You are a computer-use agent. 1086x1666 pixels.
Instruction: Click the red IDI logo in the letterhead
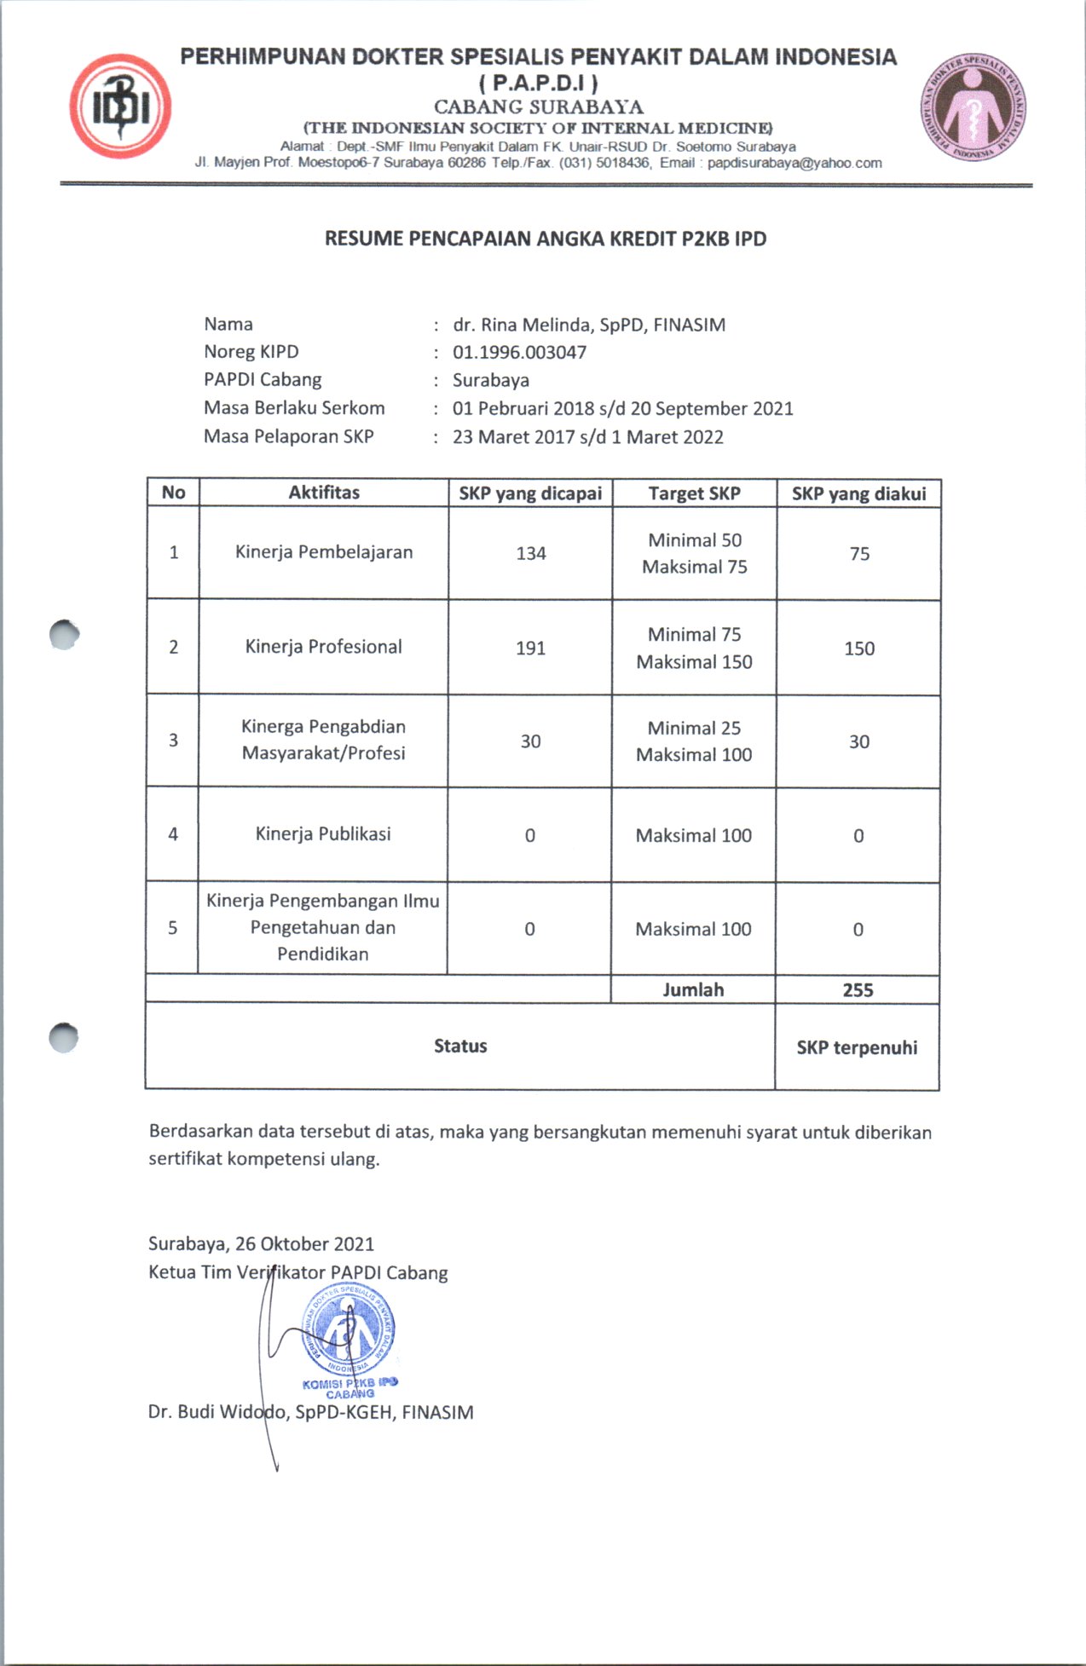coord(119,107)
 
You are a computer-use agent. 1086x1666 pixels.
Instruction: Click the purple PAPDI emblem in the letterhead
coord(973,107)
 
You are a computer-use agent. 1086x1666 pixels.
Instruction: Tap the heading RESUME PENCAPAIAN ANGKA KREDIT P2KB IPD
coord(546,239)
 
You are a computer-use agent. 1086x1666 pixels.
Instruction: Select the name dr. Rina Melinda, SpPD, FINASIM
coord(589,325)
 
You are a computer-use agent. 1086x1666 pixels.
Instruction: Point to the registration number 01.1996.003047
coord(519,352)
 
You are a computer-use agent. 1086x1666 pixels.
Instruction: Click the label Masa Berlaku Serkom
coord(294,408)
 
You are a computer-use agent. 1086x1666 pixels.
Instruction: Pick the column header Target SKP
coord(694,493)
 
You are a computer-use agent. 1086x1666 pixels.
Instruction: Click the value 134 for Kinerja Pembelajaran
coord(530,554)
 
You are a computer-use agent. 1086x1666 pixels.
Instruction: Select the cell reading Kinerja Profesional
coord(323,647)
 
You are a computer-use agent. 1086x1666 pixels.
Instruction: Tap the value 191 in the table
coord(530,649)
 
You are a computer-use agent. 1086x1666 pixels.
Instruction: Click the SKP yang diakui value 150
coord(859,649)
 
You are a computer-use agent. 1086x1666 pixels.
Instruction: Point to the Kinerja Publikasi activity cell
coord(323,834)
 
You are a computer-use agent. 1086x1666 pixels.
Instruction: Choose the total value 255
coord(858,990)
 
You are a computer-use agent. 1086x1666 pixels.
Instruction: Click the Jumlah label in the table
coord(693,990)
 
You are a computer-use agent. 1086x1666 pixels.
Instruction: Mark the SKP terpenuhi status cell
coord(857,1047)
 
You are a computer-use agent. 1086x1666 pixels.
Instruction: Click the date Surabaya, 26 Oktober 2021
coord(261,1244)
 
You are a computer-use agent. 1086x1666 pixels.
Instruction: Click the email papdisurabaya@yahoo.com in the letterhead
coord(794,163)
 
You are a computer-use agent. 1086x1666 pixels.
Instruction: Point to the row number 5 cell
coord(173,928)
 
